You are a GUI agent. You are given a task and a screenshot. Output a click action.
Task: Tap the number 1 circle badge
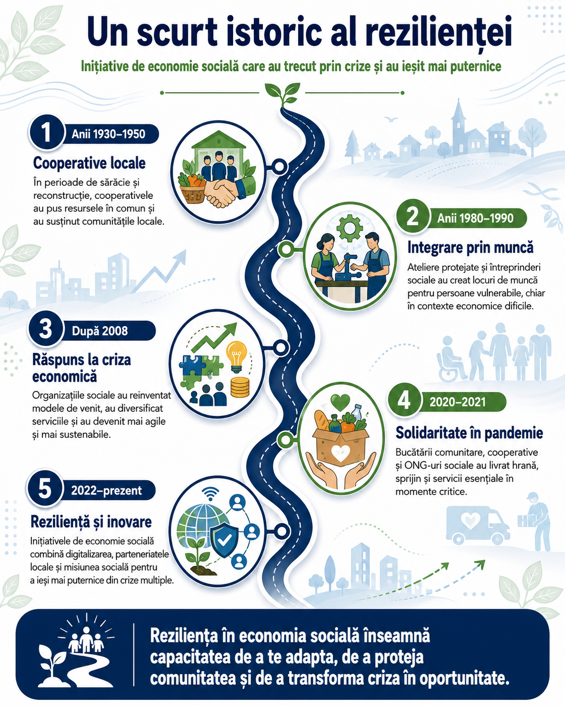point(46,132)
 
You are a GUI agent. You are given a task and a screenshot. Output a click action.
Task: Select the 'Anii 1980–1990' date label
point(475,218)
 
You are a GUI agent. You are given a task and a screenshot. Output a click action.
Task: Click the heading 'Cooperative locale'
point(89,163)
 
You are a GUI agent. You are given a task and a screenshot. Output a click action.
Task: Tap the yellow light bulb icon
point(236,357)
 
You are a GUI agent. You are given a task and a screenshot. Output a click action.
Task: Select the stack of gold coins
point(240,387)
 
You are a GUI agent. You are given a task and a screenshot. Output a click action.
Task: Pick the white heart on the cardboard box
point(340,453)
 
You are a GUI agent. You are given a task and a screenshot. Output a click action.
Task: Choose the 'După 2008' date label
point(100,331)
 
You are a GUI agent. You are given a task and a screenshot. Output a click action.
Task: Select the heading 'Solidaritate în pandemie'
point(469,433)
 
